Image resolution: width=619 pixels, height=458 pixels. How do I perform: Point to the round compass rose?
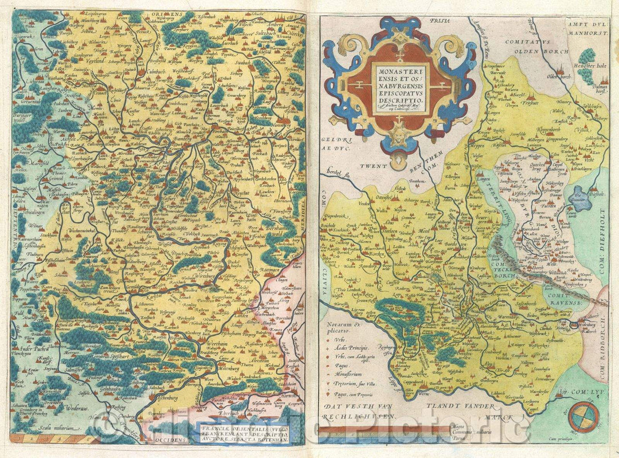pos(585,417)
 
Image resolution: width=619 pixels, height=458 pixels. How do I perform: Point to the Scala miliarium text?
pos(54,427)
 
